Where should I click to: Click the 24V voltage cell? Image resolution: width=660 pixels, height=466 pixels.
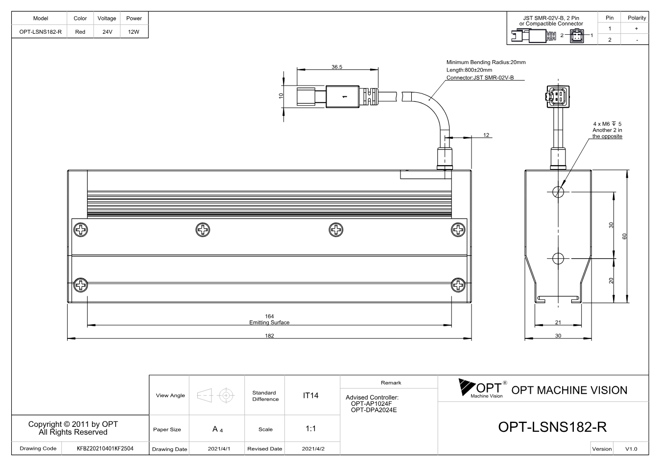click(107, 32)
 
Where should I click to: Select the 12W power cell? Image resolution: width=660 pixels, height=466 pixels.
click(134, 32)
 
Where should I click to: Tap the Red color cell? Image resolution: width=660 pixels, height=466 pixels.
click(80, 32)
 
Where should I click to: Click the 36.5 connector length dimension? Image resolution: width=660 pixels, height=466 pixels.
click(337, 67)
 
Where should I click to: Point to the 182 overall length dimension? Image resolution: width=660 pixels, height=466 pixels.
click(269, 335)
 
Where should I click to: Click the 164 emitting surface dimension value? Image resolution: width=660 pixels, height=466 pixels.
click(269, 316)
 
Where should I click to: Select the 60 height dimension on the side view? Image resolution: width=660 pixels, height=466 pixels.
click(624, 236)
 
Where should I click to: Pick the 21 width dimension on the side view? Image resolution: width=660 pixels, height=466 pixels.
click(558, 322)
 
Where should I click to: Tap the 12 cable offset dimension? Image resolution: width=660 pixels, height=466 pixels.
click(486, 135)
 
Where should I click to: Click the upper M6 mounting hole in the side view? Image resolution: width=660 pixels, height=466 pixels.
click(558, 192)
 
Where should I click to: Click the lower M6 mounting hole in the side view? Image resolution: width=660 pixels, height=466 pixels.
click(558, 259)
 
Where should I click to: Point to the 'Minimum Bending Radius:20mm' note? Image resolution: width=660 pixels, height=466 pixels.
click(486, 63)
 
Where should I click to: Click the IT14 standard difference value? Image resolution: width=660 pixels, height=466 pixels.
click(310, 396)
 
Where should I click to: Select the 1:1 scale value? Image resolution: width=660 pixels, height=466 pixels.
click(310, 429)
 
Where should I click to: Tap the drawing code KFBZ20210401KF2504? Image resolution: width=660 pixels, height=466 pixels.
click(105, 449)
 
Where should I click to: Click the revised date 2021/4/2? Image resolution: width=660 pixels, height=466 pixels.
click(313, 449)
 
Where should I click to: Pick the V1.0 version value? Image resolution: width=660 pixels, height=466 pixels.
click(631, 449)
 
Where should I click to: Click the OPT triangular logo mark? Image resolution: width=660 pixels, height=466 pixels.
click(467, 387)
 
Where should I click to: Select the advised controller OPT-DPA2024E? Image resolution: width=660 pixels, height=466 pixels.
click(374, 410)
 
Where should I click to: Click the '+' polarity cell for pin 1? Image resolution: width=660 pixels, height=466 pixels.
click(636, 28)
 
